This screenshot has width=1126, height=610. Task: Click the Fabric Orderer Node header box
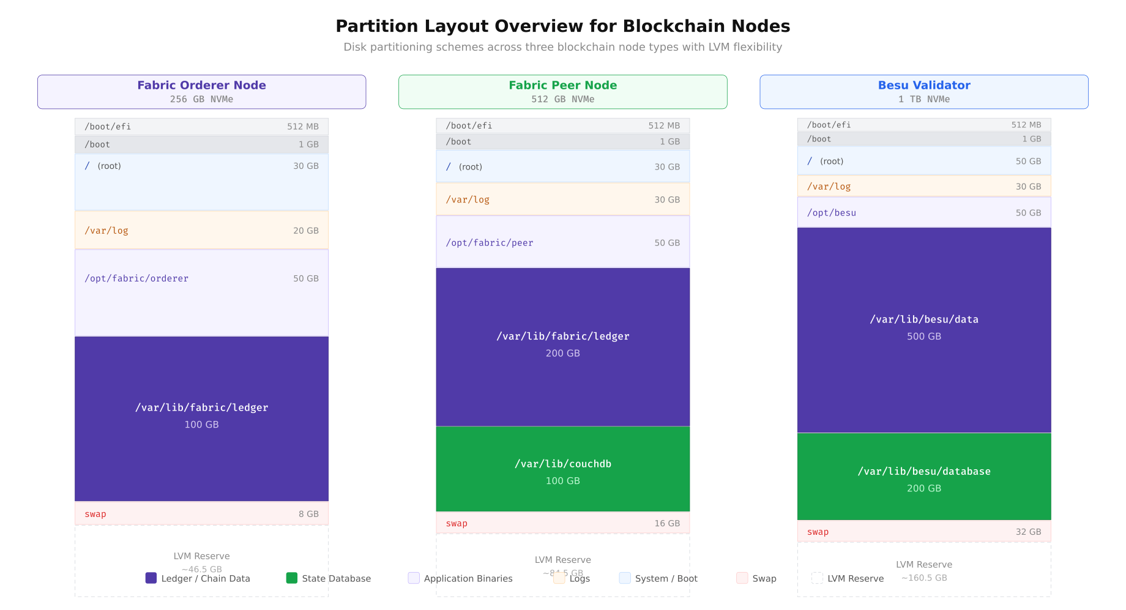coord(201,92)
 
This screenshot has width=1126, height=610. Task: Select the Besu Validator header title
coord(923,85)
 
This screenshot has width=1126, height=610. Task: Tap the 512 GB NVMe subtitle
coord(562,99)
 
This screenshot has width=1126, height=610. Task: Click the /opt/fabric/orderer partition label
coord(136,278)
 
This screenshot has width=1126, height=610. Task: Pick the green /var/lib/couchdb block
coord(562,469)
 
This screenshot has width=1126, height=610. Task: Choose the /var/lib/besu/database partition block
coord(923,477)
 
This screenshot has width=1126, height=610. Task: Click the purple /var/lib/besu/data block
coord(923,330)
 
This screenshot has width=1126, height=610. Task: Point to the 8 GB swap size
coord(308,514)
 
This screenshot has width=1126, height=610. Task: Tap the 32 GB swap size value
coord(1028,532)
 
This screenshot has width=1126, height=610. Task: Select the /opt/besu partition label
coord(831,213)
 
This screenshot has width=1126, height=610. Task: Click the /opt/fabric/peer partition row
coord(562,242)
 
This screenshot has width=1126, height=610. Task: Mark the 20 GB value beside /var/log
coord(305,231)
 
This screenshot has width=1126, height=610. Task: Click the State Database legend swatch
coord(292,578)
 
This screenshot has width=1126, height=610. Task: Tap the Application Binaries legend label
coord(468,578)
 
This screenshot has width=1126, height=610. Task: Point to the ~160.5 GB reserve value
coord(923,578)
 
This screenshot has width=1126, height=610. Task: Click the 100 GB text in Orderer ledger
coord(201,425)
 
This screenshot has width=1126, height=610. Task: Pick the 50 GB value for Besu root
coord(1028,162)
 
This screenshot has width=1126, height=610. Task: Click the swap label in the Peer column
coord(457,523)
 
